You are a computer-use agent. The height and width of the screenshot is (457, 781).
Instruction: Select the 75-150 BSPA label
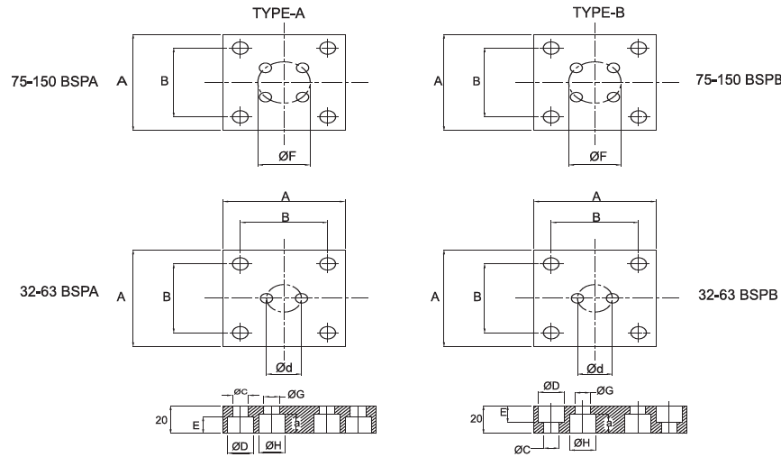52,81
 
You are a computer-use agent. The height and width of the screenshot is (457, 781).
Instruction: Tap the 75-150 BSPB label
736,79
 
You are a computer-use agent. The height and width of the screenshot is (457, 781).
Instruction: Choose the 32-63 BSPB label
738,295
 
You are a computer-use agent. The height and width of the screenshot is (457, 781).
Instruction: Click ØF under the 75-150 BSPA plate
284,156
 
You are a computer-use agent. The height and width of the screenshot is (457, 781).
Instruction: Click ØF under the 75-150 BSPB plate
595,156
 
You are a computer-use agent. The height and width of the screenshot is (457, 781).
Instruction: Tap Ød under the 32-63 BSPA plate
283,368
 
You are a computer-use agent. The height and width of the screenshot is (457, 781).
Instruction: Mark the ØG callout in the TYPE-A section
296,393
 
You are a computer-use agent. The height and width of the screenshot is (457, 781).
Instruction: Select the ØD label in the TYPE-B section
552,386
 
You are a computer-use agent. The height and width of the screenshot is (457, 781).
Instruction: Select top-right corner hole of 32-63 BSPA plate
328,263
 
